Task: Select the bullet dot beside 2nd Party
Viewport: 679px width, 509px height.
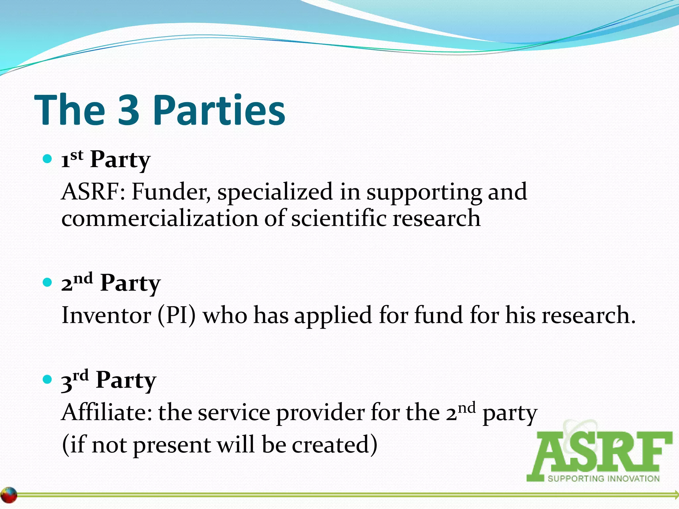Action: (x=48, y=283)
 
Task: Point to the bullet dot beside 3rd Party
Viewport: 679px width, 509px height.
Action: (x=48, y=379)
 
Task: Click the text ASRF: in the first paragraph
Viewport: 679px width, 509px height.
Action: (x=93, y=192)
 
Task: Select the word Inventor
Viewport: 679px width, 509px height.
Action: (x=106, y=315)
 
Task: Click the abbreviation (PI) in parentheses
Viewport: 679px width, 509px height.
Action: (x=177, y=315)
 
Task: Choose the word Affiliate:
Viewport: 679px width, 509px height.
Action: (x=107, y=413)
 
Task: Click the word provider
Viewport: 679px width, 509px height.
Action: (x=320, y=413)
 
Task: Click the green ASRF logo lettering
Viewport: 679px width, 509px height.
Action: (x=599, y=452)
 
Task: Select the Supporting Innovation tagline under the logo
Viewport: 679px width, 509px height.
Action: (x=603, y=479)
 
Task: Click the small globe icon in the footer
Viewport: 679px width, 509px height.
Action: (x=9, y=495)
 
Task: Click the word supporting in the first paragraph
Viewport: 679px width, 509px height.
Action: (x=423, y=192)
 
